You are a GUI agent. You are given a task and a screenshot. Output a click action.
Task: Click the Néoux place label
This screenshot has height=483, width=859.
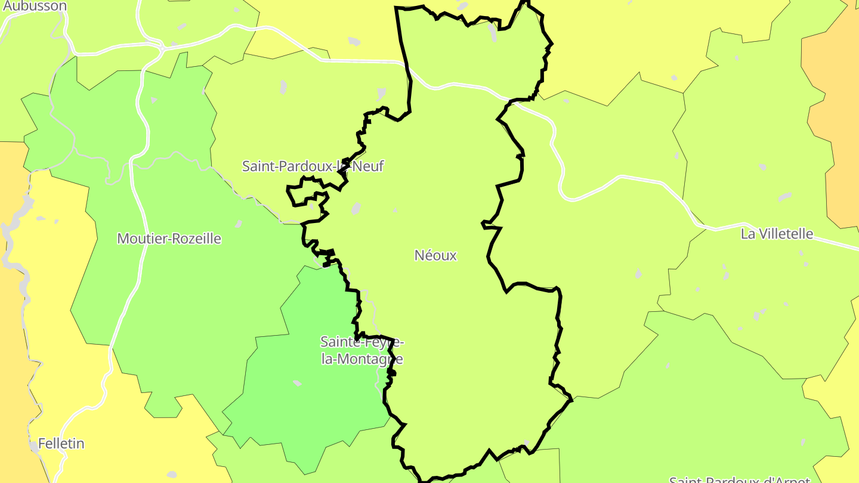(x=435, y=255)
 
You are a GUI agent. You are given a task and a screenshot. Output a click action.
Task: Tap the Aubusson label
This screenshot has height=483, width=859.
(x=35, y=6)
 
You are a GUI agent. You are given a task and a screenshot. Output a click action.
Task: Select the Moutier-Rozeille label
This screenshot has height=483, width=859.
(x=169, y=239)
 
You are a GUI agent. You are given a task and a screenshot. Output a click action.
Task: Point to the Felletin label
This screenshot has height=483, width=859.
(x=61, y=444)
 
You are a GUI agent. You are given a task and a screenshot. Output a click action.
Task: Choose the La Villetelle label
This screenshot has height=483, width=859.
(x=777, y=234)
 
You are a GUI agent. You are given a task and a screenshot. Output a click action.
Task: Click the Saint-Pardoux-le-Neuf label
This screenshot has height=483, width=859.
(x=313, y=166)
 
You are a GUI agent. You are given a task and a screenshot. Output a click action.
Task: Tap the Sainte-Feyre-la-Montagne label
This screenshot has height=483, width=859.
(x=362, y=351)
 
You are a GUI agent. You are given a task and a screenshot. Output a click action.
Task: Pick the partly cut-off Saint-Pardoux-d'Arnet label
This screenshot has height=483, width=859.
(x=740, y=479)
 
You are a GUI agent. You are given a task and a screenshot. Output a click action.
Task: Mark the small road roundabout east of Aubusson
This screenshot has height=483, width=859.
(x=162, y=45)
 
